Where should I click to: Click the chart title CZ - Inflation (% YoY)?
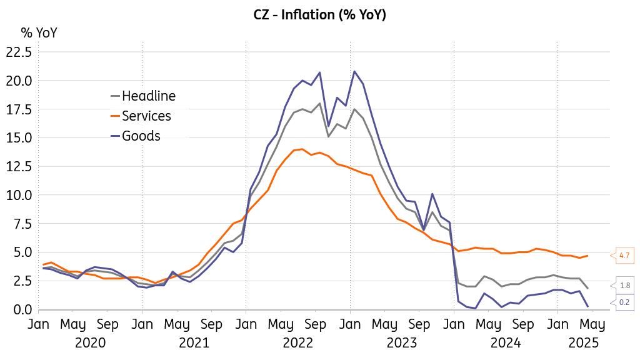click(319, 15)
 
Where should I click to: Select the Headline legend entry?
click(148, 96)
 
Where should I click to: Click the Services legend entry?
click(146, 116)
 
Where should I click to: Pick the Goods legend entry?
click(141, 136)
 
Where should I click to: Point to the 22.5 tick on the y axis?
click(18, 52)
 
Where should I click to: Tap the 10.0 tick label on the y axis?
click(18, 195)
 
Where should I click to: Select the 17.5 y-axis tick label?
click(18, 109)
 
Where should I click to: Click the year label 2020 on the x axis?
click(90, 342)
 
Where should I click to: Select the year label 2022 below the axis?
click(298, 342)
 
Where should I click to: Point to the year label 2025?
click(584, 342)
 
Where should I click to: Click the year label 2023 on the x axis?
click(402, 342)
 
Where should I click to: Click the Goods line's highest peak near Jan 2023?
click(355, 71)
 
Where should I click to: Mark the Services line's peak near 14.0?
click(302, 149)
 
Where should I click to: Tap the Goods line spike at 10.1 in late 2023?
click(432, 194)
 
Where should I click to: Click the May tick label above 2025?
click(592, 325)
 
